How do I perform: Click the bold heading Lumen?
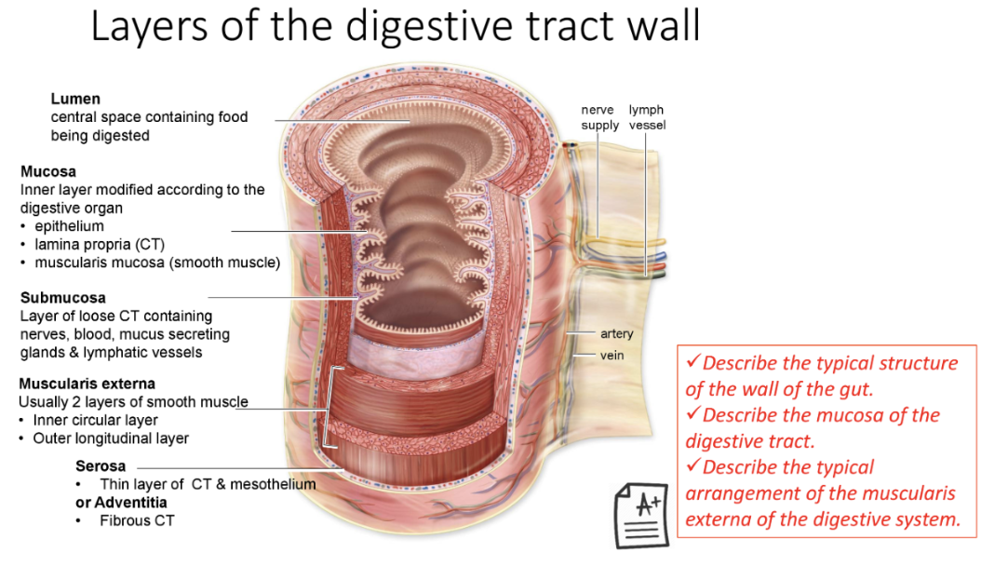[75, 99]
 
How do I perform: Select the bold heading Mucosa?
[48, 171]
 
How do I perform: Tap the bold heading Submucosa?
[63, 298]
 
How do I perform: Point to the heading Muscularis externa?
[87, 384]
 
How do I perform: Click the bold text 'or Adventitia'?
[121, 503]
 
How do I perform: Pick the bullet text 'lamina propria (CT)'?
[100, 244]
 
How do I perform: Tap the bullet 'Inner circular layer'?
[95, 420]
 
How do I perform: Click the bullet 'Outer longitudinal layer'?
[111, 438]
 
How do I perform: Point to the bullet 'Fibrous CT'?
[137, 520]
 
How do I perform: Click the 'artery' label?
[616, 334]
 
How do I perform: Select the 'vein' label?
[611, 355]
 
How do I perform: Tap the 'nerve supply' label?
[599, 117]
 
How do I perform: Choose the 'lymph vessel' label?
[646, 117]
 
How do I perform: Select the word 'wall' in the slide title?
[662, 28]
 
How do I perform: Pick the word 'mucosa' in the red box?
[859, 415]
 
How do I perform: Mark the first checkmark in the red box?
[693, 361]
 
